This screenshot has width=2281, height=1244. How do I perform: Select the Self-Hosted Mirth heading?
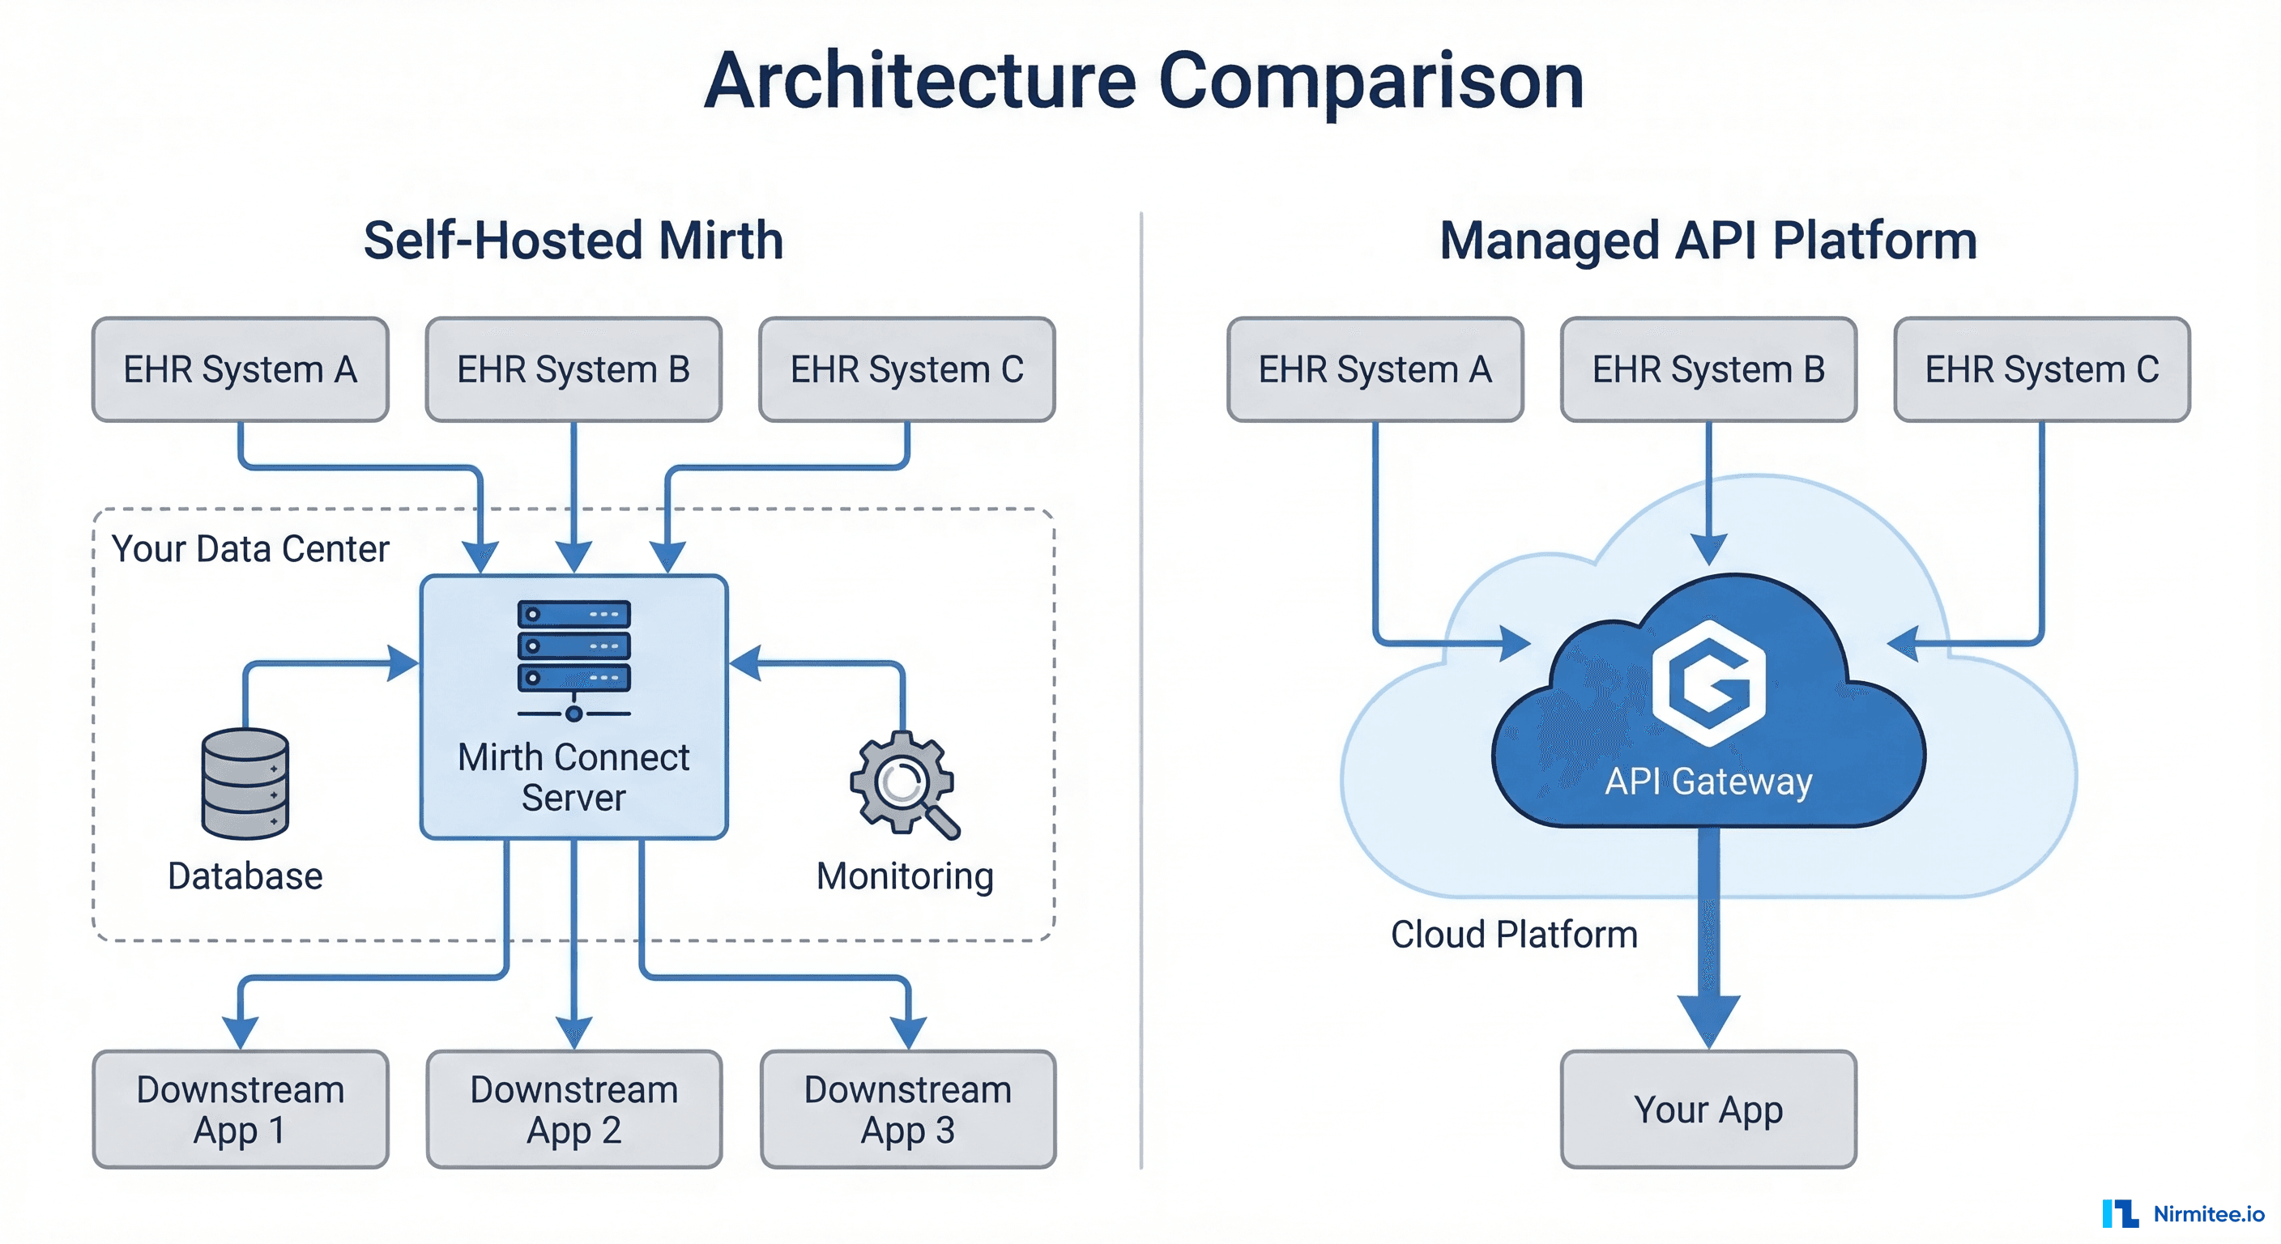coord(573,240)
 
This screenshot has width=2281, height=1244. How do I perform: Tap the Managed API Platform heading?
coord(1708,240)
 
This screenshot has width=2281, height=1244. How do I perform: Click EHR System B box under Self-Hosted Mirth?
coord(573,369)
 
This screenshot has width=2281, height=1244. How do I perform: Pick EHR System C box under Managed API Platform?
coord(2042,369)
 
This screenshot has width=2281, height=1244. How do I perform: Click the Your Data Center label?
coord(249,549)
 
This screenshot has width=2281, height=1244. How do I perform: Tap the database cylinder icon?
coord(245,784)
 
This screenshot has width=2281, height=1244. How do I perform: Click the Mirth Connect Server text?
coord(573,777)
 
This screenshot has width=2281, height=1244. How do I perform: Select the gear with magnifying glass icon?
coord(904,784)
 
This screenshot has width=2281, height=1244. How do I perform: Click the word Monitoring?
coord(904,875)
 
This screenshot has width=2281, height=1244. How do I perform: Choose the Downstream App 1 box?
coord(241,1110)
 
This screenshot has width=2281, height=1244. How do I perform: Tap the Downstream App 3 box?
coord(907,1110)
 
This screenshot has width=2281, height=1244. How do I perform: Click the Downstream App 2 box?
coord(573,1110)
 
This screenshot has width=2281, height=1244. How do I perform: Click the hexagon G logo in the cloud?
coord(1709,683)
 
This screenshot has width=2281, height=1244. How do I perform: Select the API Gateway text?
coord(1708,781)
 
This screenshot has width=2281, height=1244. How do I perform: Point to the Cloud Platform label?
coord(1513,934)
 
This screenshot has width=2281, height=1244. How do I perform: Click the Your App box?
coord(1708,1110)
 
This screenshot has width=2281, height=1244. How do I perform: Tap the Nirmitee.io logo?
coord(2183,1213)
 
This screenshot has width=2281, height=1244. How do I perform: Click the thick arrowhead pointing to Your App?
coord(1708,1018)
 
